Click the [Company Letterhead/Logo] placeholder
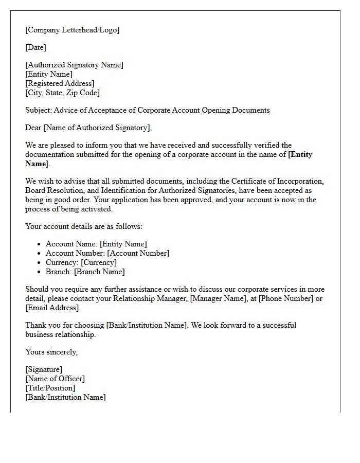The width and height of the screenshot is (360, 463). click(72, 30)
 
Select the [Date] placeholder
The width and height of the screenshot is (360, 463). click(35, 47)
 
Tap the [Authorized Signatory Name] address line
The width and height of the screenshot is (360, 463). click(74, 65)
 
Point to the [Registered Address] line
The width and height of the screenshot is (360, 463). click(60, 83)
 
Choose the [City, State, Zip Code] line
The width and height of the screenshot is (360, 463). click(62, 93)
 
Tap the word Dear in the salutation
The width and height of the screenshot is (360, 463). click(33, 128)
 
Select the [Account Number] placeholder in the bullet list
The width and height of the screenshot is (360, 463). click(138, 253)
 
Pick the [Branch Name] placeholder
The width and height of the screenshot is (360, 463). click(99, 272)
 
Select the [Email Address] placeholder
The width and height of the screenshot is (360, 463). click(52, 308)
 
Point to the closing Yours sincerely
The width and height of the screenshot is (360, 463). click(51, 352)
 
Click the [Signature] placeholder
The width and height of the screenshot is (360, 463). click(44, 369)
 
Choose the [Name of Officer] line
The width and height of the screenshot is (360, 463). click(55, 379)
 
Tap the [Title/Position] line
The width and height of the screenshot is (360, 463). click(50, 388)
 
